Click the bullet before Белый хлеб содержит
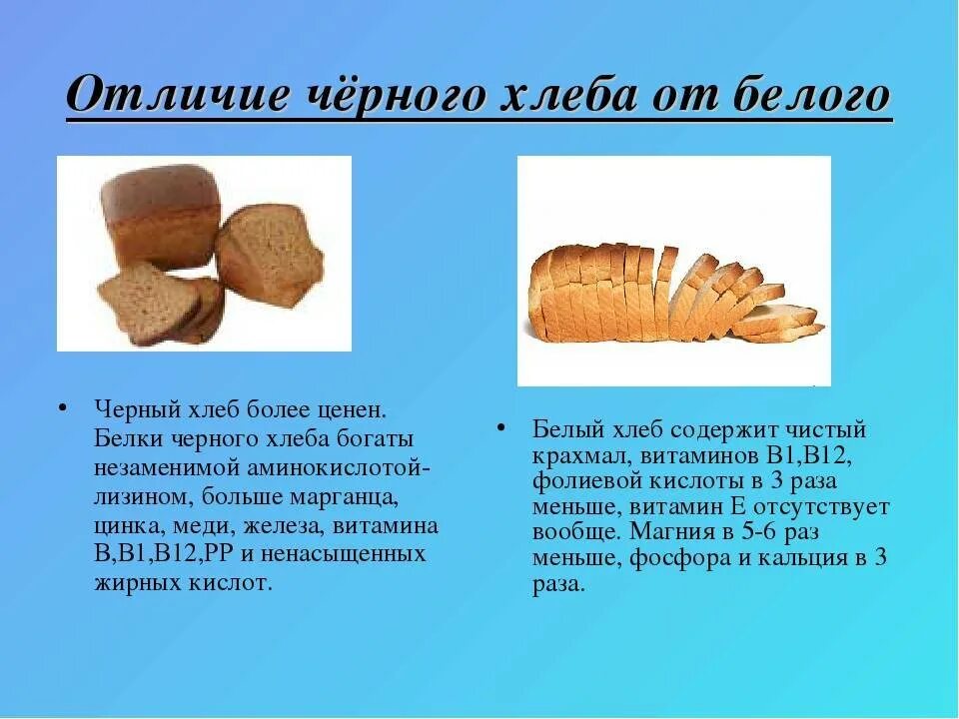[x=503, y=428]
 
